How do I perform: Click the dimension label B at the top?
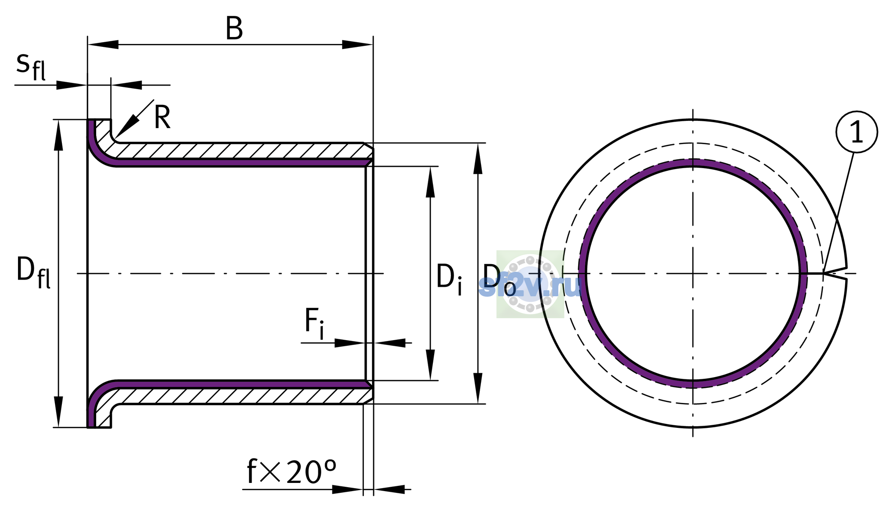pyautogui.click(x=234, y=29)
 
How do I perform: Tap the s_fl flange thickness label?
pyautogui.click(x=31, y=67)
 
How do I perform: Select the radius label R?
pyautogui.click(x=162, y=117)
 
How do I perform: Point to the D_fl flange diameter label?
pyautogui.click(x=33, y=272)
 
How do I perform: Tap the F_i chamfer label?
pyautogui.click(x=314, y=323)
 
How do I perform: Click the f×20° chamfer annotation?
pyautogui.click(x=292, y=472)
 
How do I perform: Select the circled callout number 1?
pyautogui.click(x=856, y=132)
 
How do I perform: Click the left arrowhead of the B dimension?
pyautogui.click(x=103, y=44)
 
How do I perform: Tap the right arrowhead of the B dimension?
pyautogui.click(x=357, y=44)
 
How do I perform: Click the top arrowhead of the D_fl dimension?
pyautogui.click(x=58, y=135)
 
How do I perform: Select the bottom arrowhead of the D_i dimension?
pyautogui.click(x=430, y=365)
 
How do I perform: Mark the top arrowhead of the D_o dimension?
pyautogui.click(x=478, y=158)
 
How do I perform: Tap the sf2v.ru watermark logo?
pyautogui.click(x=530, y=284)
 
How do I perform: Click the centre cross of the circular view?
pyautogui.click(x=693, y=273)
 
